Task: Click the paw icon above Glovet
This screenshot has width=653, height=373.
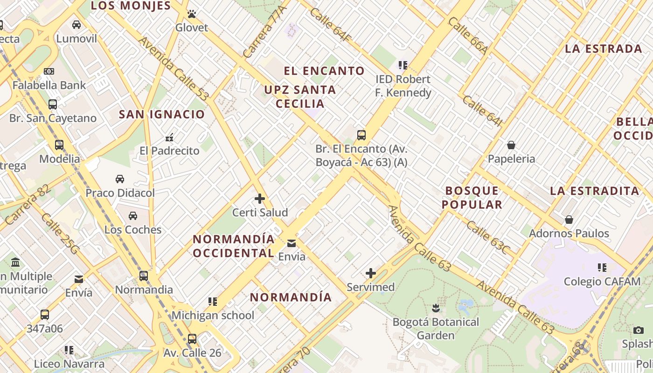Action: click(191, 14)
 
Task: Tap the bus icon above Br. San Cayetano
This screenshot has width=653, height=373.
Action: click(53, 104)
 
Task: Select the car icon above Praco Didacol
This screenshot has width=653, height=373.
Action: click(120, 179)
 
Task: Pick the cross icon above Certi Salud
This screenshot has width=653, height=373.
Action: click(260, 199)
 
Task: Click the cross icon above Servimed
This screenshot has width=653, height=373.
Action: click(371, 273)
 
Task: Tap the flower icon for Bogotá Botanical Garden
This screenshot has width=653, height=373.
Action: click(436, 308)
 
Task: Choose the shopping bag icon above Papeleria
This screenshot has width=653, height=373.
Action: click(511, 145)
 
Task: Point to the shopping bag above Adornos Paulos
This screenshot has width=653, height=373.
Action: click(569, 219)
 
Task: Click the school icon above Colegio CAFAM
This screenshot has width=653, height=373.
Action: click(602, 268)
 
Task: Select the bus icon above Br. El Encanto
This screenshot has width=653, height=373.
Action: click(361, 135)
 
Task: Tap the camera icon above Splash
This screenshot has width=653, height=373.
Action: click(639, 330)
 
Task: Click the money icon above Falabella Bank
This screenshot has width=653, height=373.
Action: click(49, 71)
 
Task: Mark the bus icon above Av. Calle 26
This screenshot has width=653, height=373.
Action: click(192, 338)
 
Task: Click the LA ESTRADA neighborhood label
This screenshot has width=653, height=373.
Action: click(604, 49)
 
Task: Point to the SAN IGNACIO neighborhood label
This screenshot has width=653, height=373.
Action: click(162, 114)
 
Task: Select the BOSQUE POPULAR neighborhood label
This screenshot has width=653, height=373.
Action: click(472, 197)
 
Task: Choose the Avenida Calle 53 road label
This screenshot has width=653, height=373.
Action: click(173, 69)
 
